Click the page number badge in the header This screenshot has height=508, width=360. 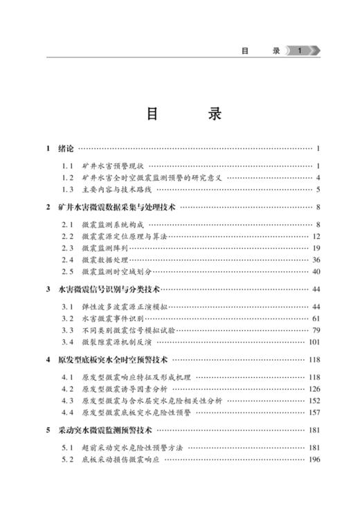pyautogui.click(x=298, y=51)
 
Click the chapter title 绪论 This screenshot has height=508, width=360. pyautogui.click(x=66, y=148)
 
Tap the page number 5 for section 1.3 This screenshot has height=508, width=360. pyautogui.click(x=317, y=190)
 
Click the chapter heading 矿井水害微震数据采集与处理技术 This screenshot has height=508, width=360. pyautogui.click(x=118, y=206)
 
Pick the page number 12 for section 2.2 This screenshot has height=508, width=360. pyautogui.click(x=315, y=237)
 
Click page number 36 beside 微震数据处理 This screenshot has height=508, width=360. pyautogui.click(x=315, y=260)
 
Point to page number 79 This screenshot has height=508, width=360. pyautogui.click(x=315, y=330)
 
